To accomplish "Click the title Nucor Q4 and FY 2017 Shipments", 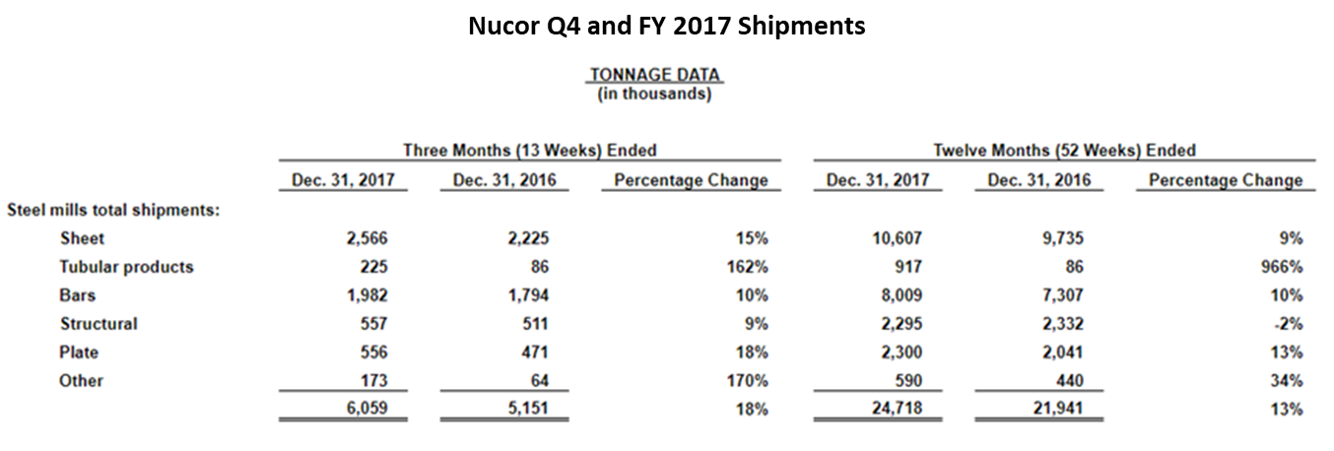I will point(667,25).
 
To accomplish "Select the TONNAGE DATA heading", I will point(654,75).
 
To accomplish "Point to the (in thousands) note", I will point(654,95).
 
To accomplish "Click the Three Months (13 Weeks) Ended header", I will point(529,151).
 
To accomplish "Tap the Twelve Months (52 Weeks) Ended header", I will point(1064,151).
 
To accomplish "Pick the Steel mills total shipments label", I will point(113,210).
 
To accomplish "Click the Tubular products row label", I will point(126,267).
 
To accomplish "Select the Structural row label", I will point(99,324).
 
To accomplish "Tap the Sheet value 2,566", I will point(367,238).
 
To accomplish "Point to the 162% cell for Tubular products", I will point(749,267).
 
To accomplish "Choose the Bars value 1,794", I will point(528,295).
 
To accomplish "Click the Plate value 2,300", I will point(901,353).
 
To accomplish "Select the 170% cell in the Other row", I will point(749,381).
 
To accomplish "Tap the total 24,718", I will point(898,409).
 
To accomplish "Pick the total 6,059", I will point(367,409).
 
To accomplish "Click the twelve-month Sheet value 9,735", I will point(1063,238).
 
